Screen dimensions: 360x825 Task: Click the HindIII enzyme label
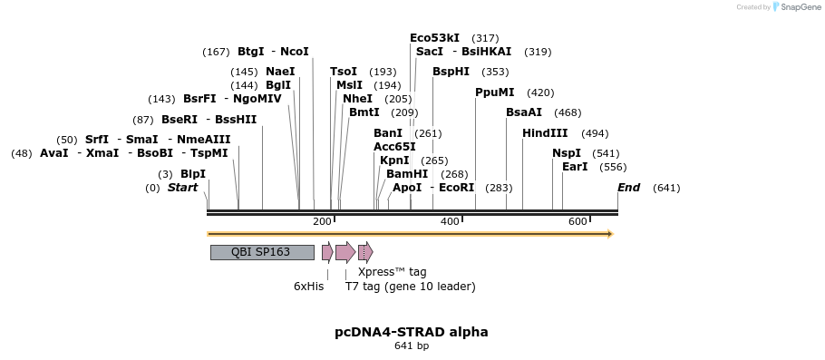tap(545, 133)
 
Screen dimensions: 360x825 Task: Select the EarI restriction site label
tap(575, 167)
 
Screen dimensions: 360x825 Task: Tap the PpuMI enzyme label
tap(495, 92)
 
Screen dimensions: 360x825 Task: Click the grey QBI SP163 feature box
tap(262, 252)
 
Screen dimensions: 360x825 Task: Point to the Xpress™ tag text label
tap(392, 271)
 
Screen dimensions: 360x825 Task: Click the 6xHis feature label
tap(308, 287)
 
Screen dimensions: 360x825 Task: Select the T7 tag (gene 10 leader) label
tap(410, 287)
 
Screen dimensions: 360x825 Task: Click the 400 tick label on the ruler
tap(450, 221)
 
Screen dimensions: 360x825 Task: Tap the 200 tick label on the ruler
tap(322, 221)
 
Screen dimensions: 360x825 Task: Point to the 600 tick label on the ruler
tap(577, 221)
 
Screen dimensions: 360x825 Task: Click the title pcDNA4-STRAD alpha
tap(412, 332)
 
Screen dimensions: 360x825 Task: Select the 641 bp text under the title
tap(412, 345)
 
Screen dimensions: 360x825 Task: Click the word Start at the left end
tap(182, 188)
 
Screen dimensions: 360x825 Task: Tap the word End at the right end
tap(628, 188)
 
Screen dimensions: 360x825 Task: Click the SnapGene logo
tap(797, 7)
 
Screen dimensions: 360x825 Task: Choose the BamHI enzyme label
tap(407, 174)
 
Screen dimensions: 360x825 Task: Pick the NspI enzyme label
tap(567, 153)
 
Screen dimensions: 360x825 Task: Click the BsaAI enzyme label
tap(524, 112)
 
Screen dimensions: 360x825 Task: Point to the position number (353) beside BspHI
tap(495, 72)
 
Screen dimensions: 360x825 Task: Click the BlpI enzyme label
tap(193, 174)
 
